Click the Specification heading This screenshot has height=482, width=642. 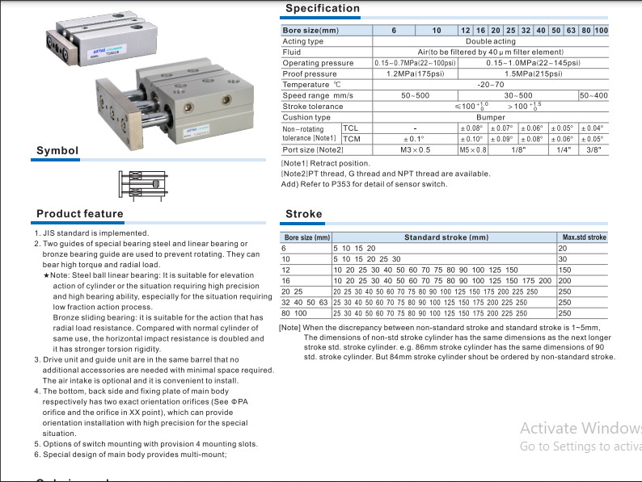click(x=323, y=9)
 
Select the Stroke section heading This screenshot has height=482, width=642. click(x=304, y=214)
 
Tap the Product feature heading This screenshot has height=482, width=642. click(x=80, y=214)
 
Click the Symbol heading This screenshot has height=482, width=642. click(x=57, y=150)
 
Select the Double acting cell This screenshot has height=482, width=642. click(x=490, y=41)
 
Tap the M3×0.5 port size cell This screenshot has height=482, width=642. click(x=415, y=149)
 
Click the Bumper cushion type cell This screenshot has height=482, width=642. click(x=490, y=117)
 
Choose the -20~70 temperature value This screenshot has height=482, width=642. click(x=490, y=85)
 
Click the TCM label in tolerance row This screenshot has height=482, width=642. click(x=352, y=139)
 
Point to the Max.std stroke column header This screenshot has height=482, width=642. click(x=584, y=237)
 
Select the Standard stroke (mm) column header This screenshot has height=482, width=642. click(x=446, y=237)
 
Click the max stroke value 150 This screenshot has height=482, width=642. click(x=565, y=270)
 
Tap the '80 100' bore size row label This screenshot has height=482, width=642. click(x=294, y=312)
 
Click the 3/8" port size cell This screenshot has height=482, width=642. click(x=593, y=149)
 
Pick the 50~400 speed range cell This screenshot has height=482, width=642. click(x=593, y=95)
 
